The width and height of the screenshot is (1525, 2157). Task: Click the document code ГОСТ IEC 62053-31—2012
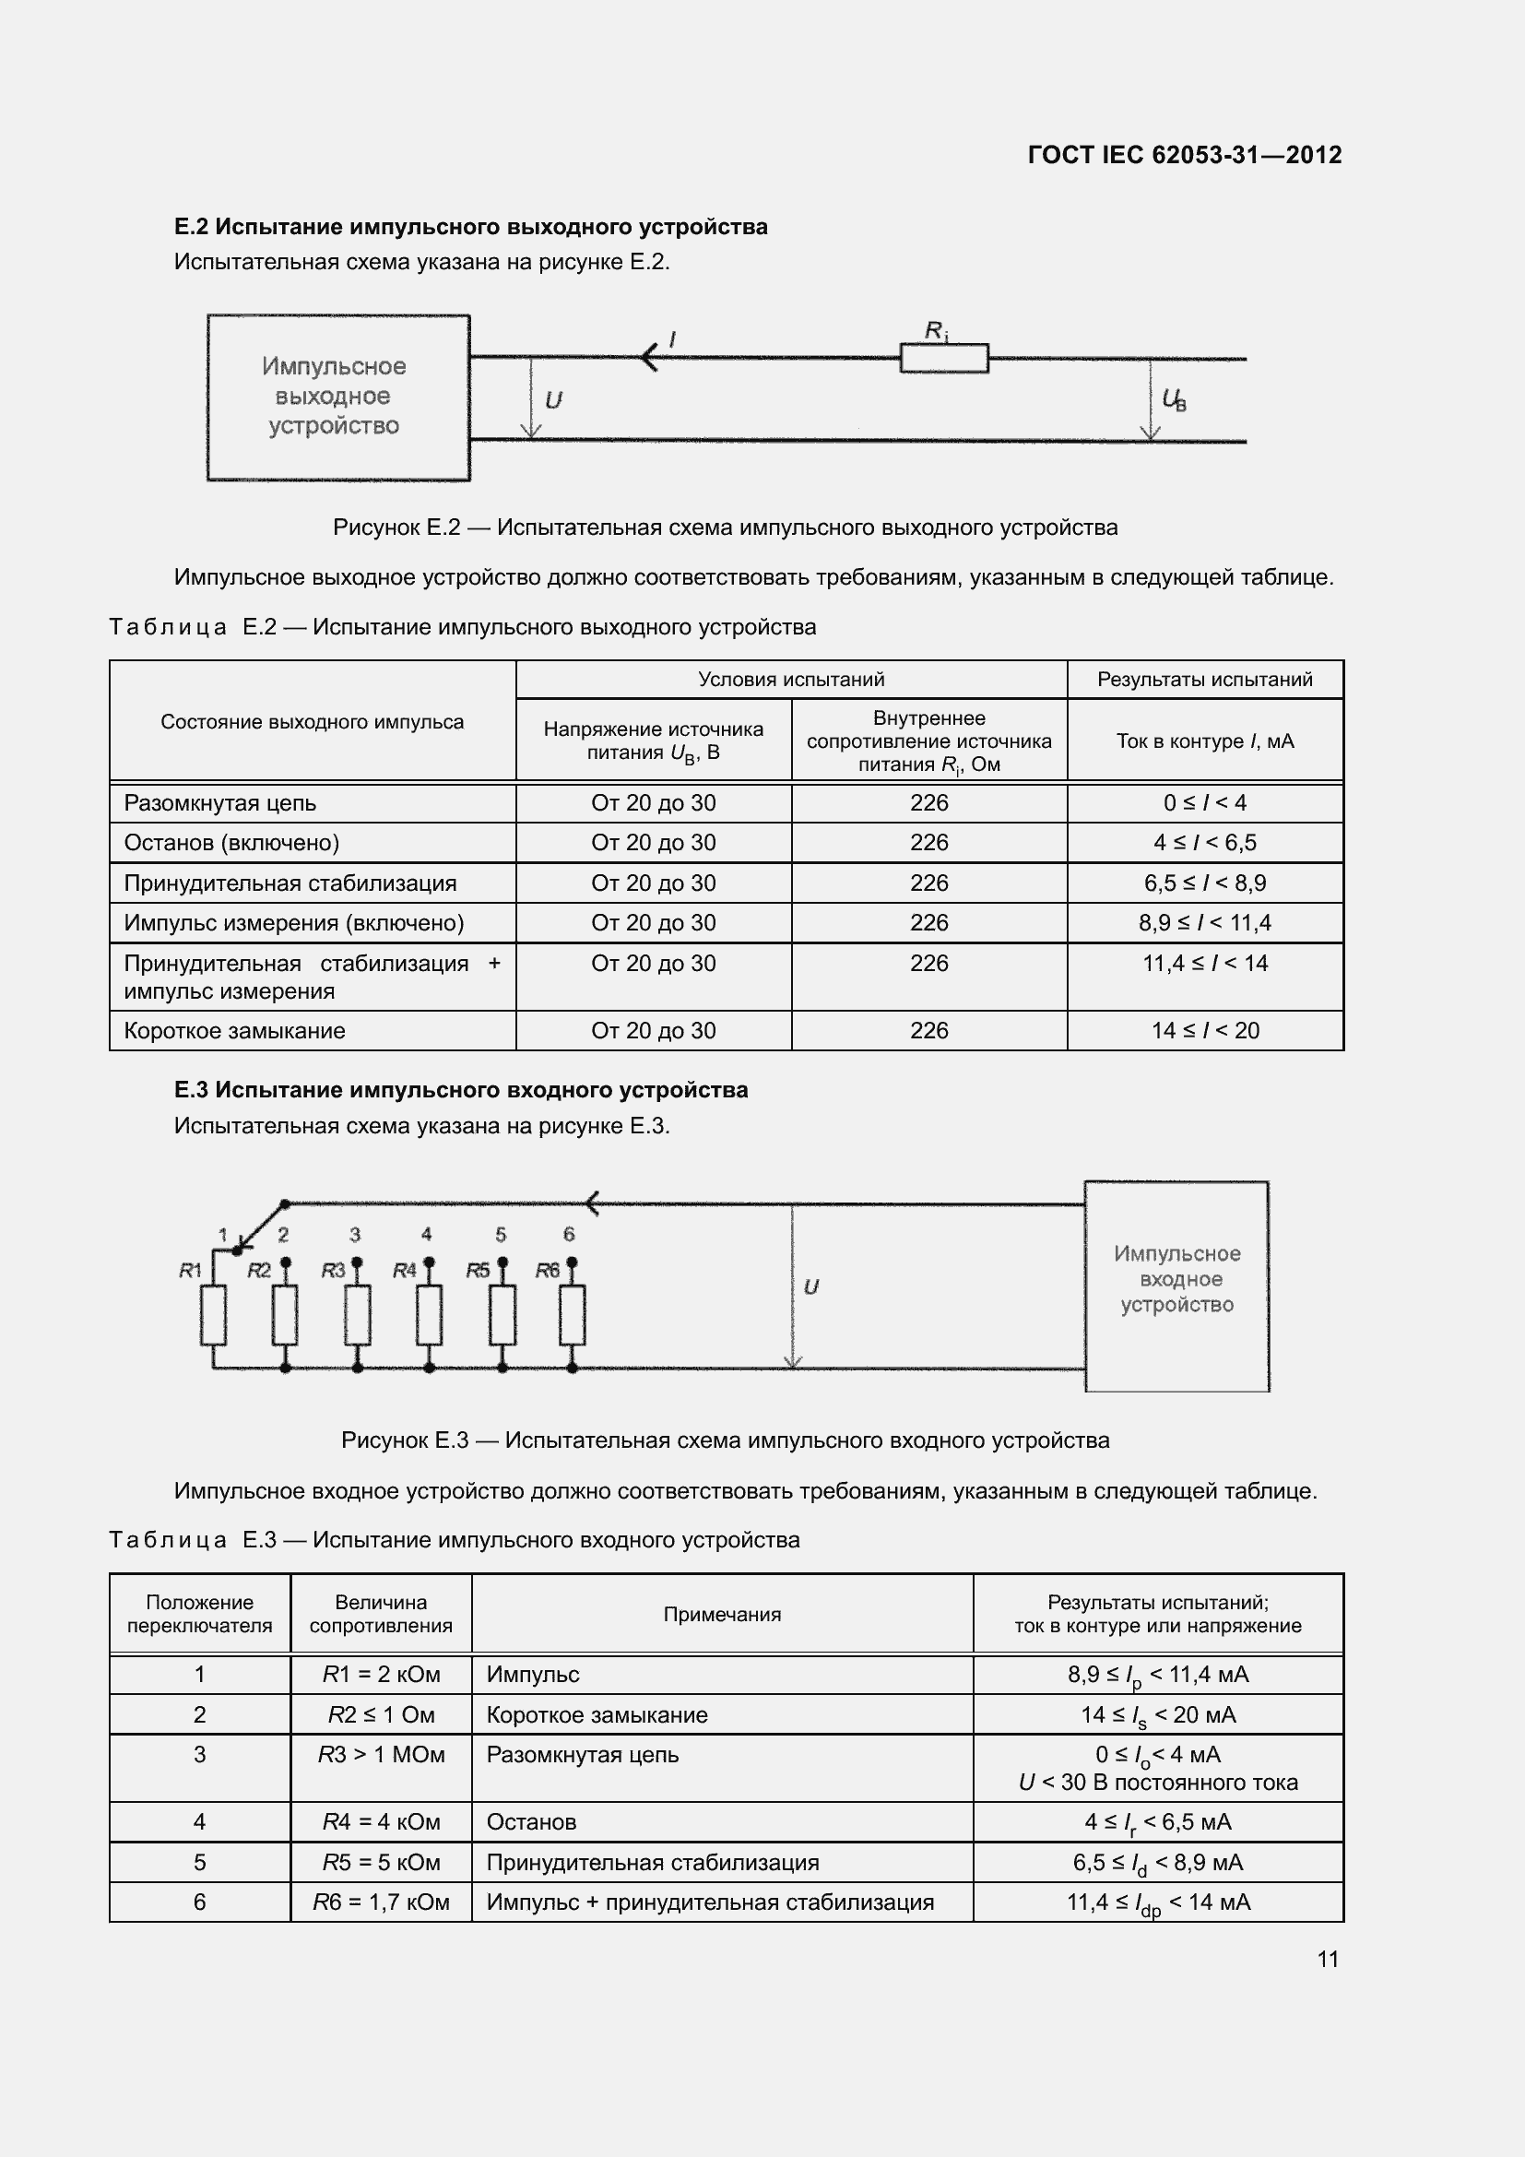click(1184, 155)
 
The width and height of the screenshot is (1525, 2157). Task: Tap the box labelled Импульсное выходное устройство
click(337, 397)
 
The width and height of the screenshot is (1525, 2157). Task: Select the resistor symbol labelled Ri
click(944, 358)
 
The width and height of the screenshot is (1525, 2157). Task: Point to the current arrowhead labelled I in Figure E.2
click(649, 357)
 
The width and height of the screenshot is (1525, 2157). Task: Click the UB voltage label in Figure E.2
click(1174, 400)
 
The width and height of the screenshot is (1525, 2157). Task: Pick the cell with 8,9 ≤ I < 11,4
click(1204, 922)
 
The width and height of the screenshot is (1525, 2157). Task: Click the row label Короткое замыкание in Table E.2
click(235, 1031)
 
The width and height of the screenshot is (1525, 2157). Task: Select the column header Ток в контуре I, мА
click(1204, 741)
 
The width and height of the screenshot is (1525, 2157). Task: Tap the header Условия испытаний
click(791, 680)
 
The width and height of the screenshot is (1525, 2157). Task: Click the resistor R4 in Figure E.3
click(429, 1315)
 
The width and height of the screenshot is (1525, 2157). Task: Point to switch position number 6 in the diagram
click(568, 1234)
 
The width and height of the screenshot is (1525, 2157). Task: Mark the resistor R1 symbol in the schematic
click(213, 1315)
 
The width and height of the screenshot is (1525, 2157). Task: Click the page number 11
click(1327, 1959)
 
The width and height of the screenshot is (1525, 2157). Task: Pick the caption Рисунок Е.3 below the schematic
click(724, 1440)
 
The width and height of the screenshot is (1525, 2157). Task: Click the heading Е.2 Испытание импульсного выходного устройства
click(470, 227)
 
